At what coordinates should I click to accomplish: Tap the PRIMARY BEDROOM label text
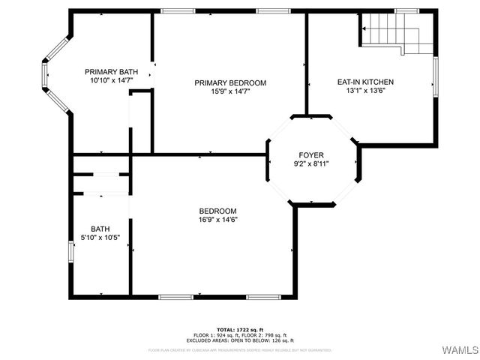point(230,83)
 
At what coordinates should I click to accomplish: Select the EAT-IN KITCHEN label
point(365,82)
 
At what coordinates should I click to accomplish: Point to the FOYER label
point(311,154)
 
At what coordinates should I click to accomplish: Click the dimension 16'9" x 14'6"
point(218,220)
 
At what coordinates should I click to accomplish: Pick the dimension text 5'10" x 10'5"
point(100,238)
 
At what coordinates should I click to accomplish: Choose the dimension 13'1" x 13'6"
point(365,91)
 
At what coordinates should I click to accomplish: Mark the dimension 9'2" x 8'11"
point(311,163)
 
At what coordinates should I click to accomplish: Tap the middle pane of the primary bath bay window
point(46,76)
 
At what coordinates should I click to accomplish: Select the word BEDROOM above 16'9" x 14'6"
point(218,211)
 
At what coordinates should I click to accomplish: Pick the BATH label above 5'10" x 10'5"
point(100,229)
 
